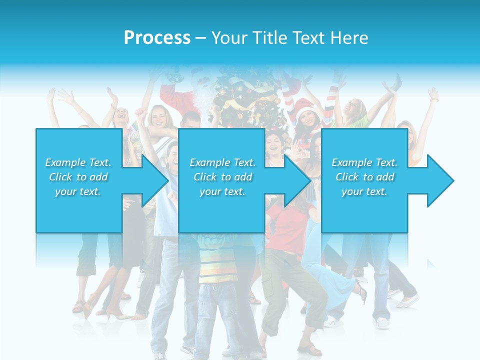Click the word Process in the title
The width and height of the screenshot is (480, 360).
(157, 37)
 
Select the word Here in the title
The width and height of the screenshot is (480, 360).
(349, 37)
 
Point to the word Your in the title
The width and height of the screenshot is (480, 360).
(229, 37)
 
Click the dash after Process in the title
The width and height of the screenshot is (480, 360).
(201, 38)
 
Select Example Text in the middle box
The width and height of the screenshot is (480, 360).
(222, 162)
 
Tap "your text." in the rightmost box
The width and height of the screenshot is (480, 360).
(364, 191)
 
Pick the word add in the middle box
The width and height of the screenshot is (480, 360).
(242, 177)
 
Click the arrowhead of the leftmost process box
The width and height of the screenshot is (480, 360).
(154, 180)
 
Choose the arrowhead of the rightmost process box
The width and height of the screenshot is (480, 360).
(440, 180)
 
